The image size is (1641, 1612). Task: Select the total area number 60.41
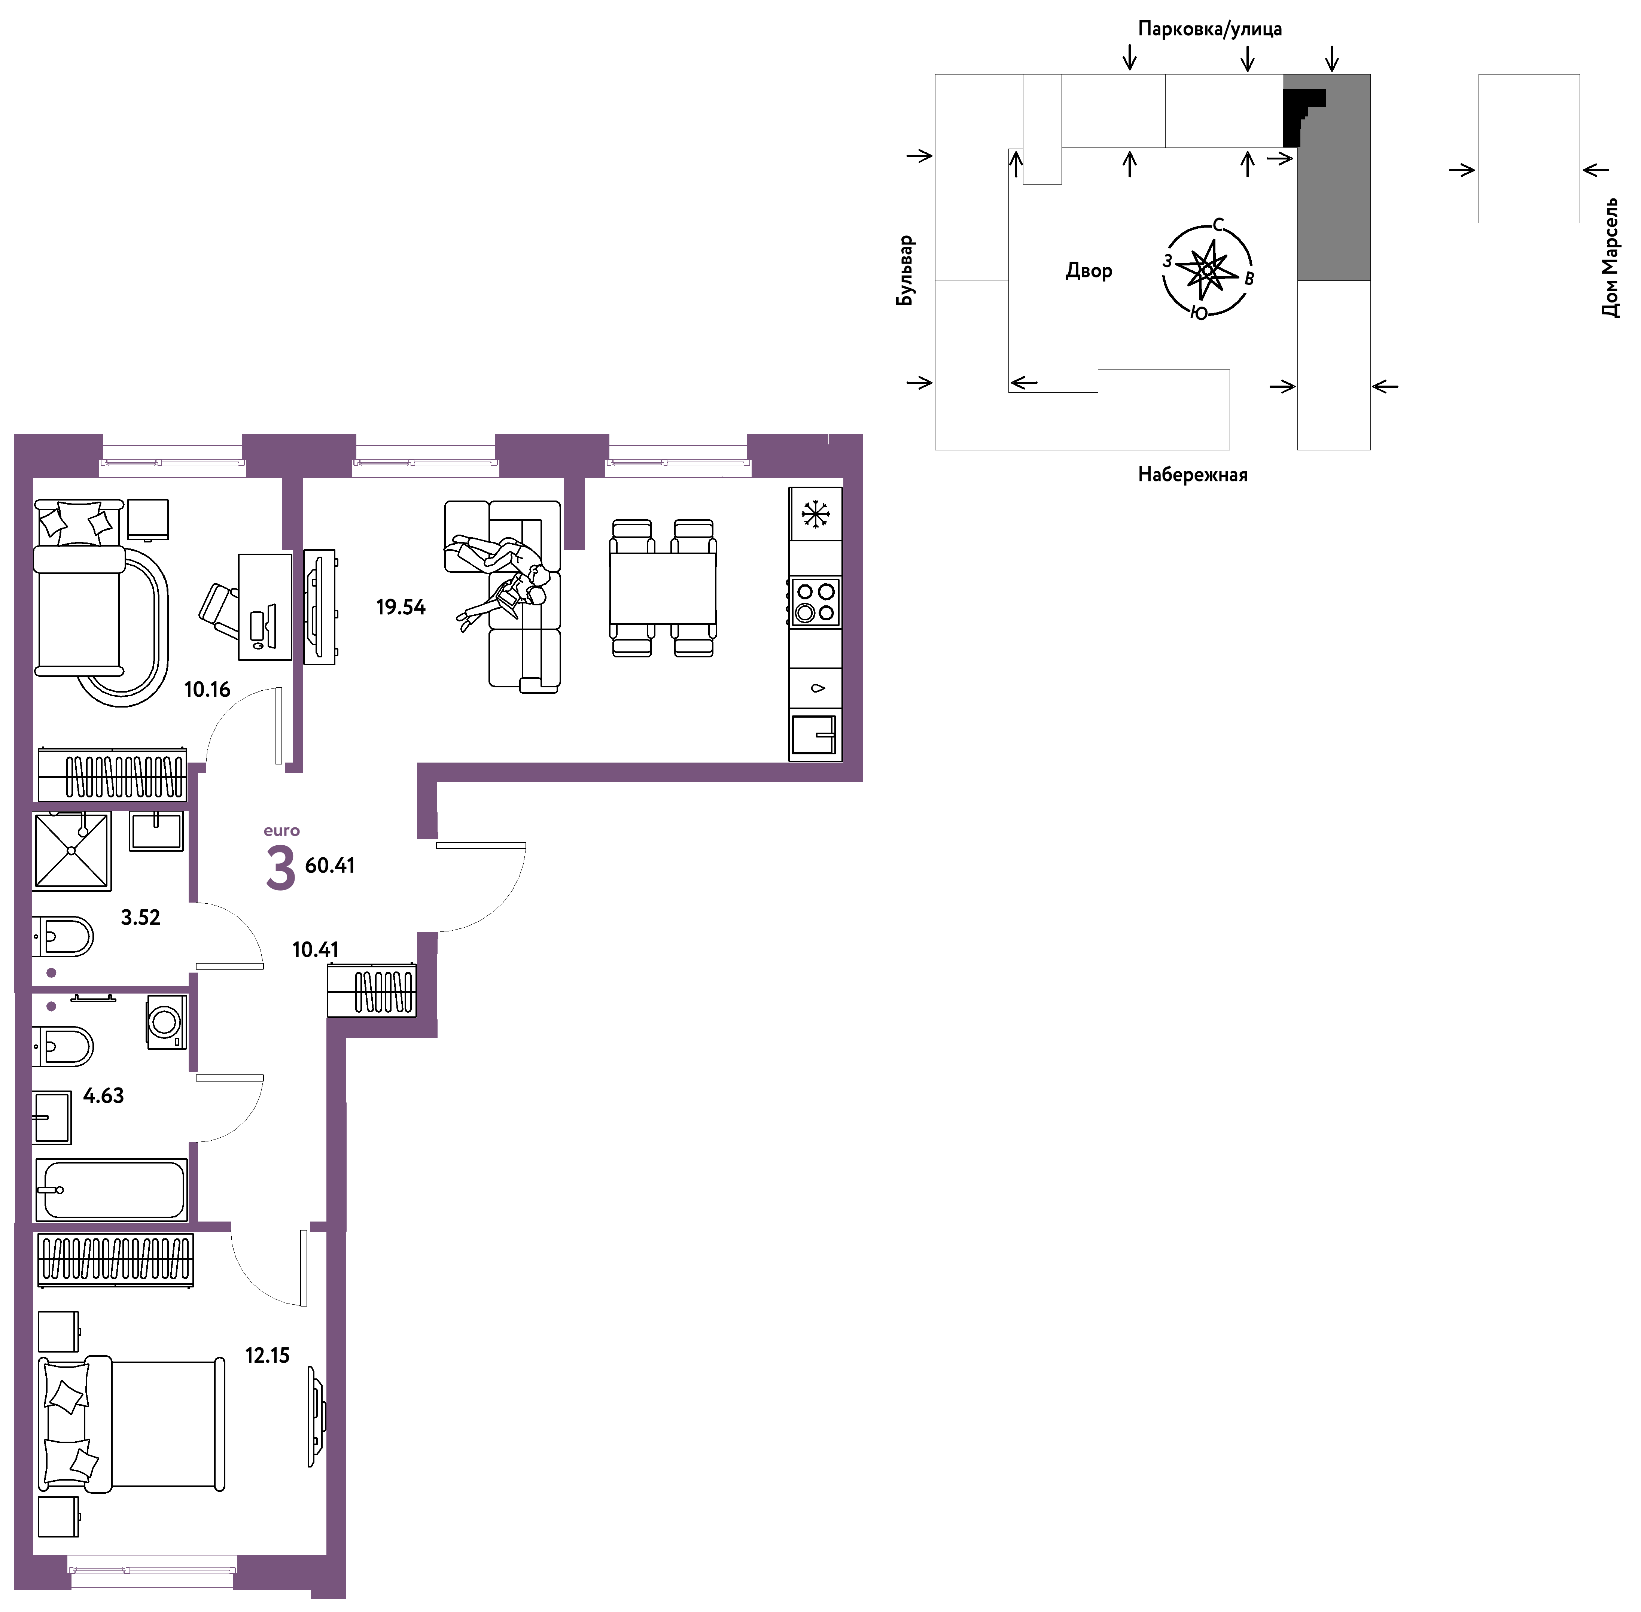[329, 865]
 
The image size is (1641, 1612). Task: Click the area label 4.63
[103, 1095]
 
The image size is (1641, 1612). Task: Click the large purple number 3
[280, 868]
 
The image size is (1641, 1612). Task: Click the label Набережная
[1192, 474]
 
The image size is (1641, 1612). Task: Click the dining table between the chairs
[663, 588]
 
